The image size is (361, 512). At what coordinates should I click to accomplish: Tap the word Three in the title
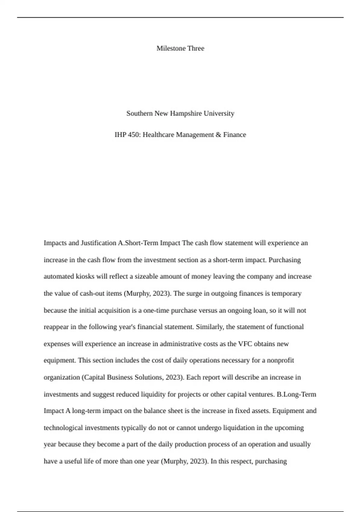coord(196,48)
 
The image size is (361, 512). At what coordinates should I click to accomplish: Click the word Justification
coord(98,243)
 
